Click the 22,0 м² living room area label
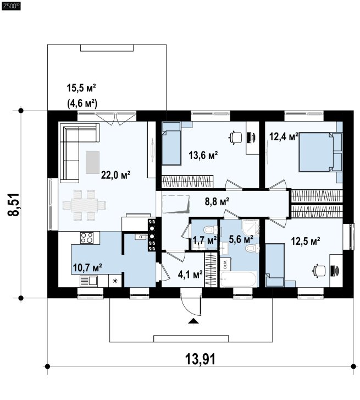click(x=115, y=175)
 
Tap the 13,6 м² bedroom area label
click(x=203, y=155)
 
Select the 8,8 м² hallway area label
click(x=217, y=202)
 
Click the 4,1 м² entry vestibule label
click(x=190, y=275)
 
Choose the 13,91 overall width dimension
click(x=200, y=359)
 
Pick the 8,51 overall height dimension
click(x=13, y=205)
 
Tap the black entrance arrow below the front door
click(x=193, y=321)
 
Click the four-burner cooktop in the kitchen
click(x=87, y=238)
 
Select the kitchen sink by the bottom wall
click(x=88, y=281)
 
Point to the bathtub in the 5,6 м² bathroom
click(x=239, y=280)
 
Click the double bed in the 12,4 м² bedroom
click(x=320, y=152)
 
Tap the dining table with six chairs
click(x=84, y=205)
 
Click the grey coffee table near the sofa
click(x=92, y=162)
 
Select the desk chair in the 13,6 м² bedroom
click(x=235, y=137)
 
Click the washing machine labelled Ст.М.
click(x=225, y=264)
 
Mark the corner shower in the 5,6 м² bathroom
click(x=251, y=228)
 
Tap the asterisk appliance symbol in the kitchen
click(x=115, y=281)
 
